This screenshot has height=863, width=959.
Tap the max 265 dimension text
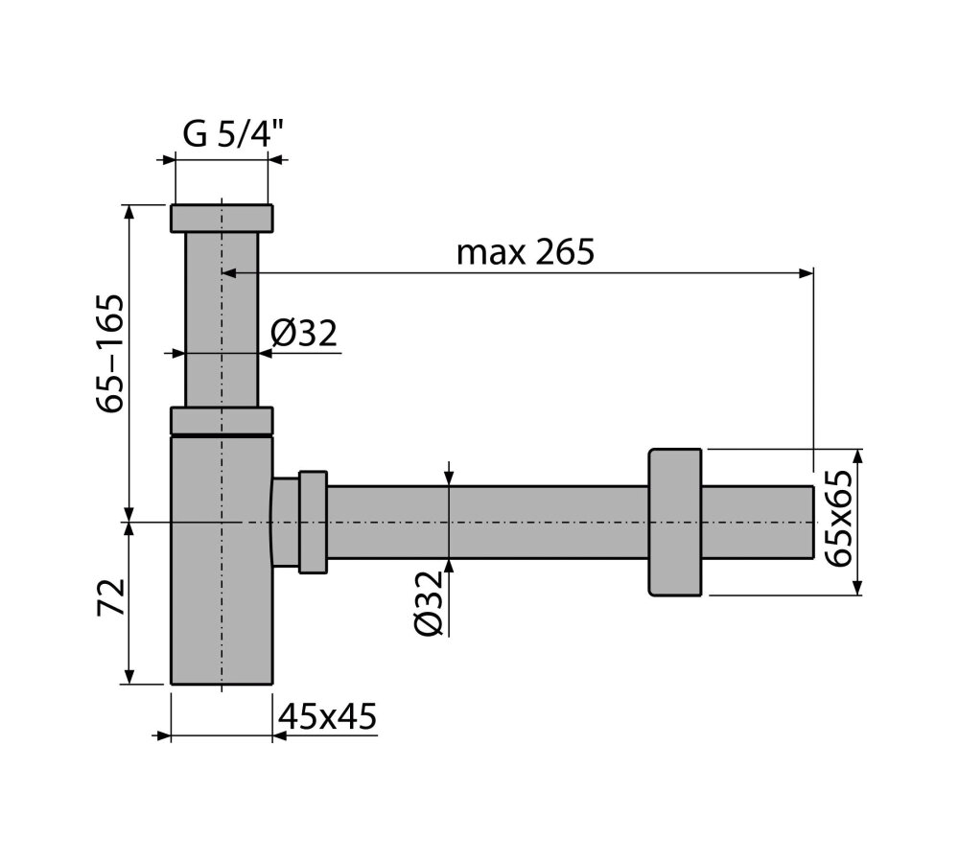coord(526,251)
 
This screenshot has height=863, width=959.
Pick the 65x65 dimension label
coord(837,519)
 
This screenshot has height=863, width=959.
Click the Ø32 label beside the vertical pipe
coord(303,334)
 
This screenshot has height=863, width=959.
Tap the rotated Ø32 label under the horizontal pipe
coord(428,603)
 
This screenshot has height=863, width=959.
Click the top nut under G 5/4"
coord(222,219)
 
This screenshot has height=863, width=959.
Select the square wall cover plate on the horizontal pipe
coord(674,522)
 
